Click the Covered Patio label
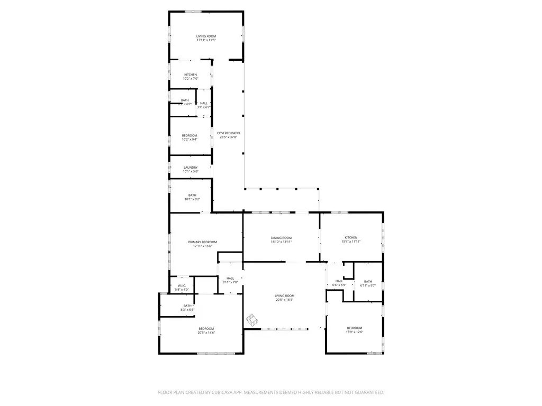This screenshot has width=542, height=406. [x=229, y=133]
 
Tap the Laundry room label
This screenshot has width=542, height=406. [x=191, y=168]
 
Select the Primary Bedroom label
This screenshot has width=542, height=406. [x=203, y=242]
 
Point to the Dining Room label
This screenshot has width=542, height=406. [x=281, y=238]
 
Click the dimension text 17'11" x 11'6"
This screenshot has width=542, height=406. [x=206, y=40]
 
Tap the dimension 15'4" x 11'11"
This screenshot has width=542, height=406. [x=351, y=242]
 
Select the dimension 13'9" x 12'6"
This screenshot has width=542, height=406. [x=355, y=332]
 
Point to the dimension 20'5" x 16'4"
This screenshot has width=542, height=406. [x=284, y=300]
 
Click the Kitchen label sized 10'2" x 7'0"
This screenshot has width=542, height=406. [x=191, y=75]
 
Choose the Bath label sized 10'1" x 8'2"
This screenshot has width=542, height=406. [x=192, y=195]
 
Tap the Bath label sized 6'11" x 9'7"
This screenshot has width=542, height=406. [x=368, y=281]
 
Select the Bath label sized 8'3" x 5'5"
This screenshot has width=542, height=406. [x=187, y=306]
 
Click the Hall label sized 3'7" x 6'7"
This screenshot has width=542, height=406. [x=204, y=103]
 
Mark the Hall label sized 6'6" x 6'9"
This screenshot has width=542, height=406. [x=339, y=281]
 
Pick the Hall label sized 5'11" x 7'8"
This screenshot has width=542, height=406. [x=230, y=278]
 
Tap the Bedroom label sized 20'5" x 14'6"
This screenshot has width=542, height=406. [x=206, y=328]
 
